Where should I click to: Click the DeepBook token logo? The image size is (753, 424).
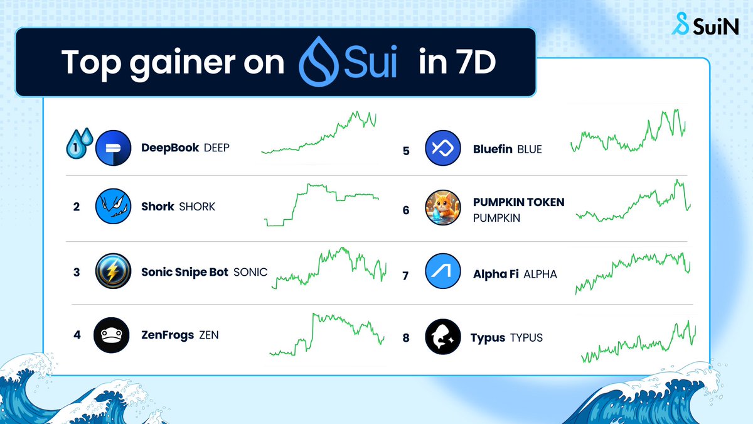click(x=114, y=149)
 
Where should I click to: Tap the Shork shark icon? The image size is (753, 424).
click(x=113, y=206)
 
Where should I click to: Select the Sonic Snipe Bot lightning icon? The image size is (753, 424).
click(x=113, y=272)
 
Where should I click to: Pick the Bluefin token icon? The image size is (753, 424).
click(x=443, y=149)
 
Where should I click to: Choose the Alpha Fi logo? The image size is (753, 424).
click(x=443, y=274)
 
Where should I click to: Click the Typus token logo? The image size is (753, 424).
click(x=443, y=337)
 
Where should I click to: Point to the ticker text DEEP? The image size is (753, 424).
click(x=217, y=148)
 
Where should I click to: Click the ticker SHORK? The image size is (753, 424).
click(x=197, y=207)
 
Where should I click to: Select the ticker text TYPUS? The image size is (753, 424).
click(x=526, y=338)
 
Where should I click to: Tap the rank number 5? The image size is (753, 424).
click(x=406, y=151)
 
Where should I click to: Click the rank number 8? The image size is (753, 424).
click(x=406, y=339)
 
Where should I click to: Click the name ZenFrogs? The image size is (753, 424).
click(x=168, y=335)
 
